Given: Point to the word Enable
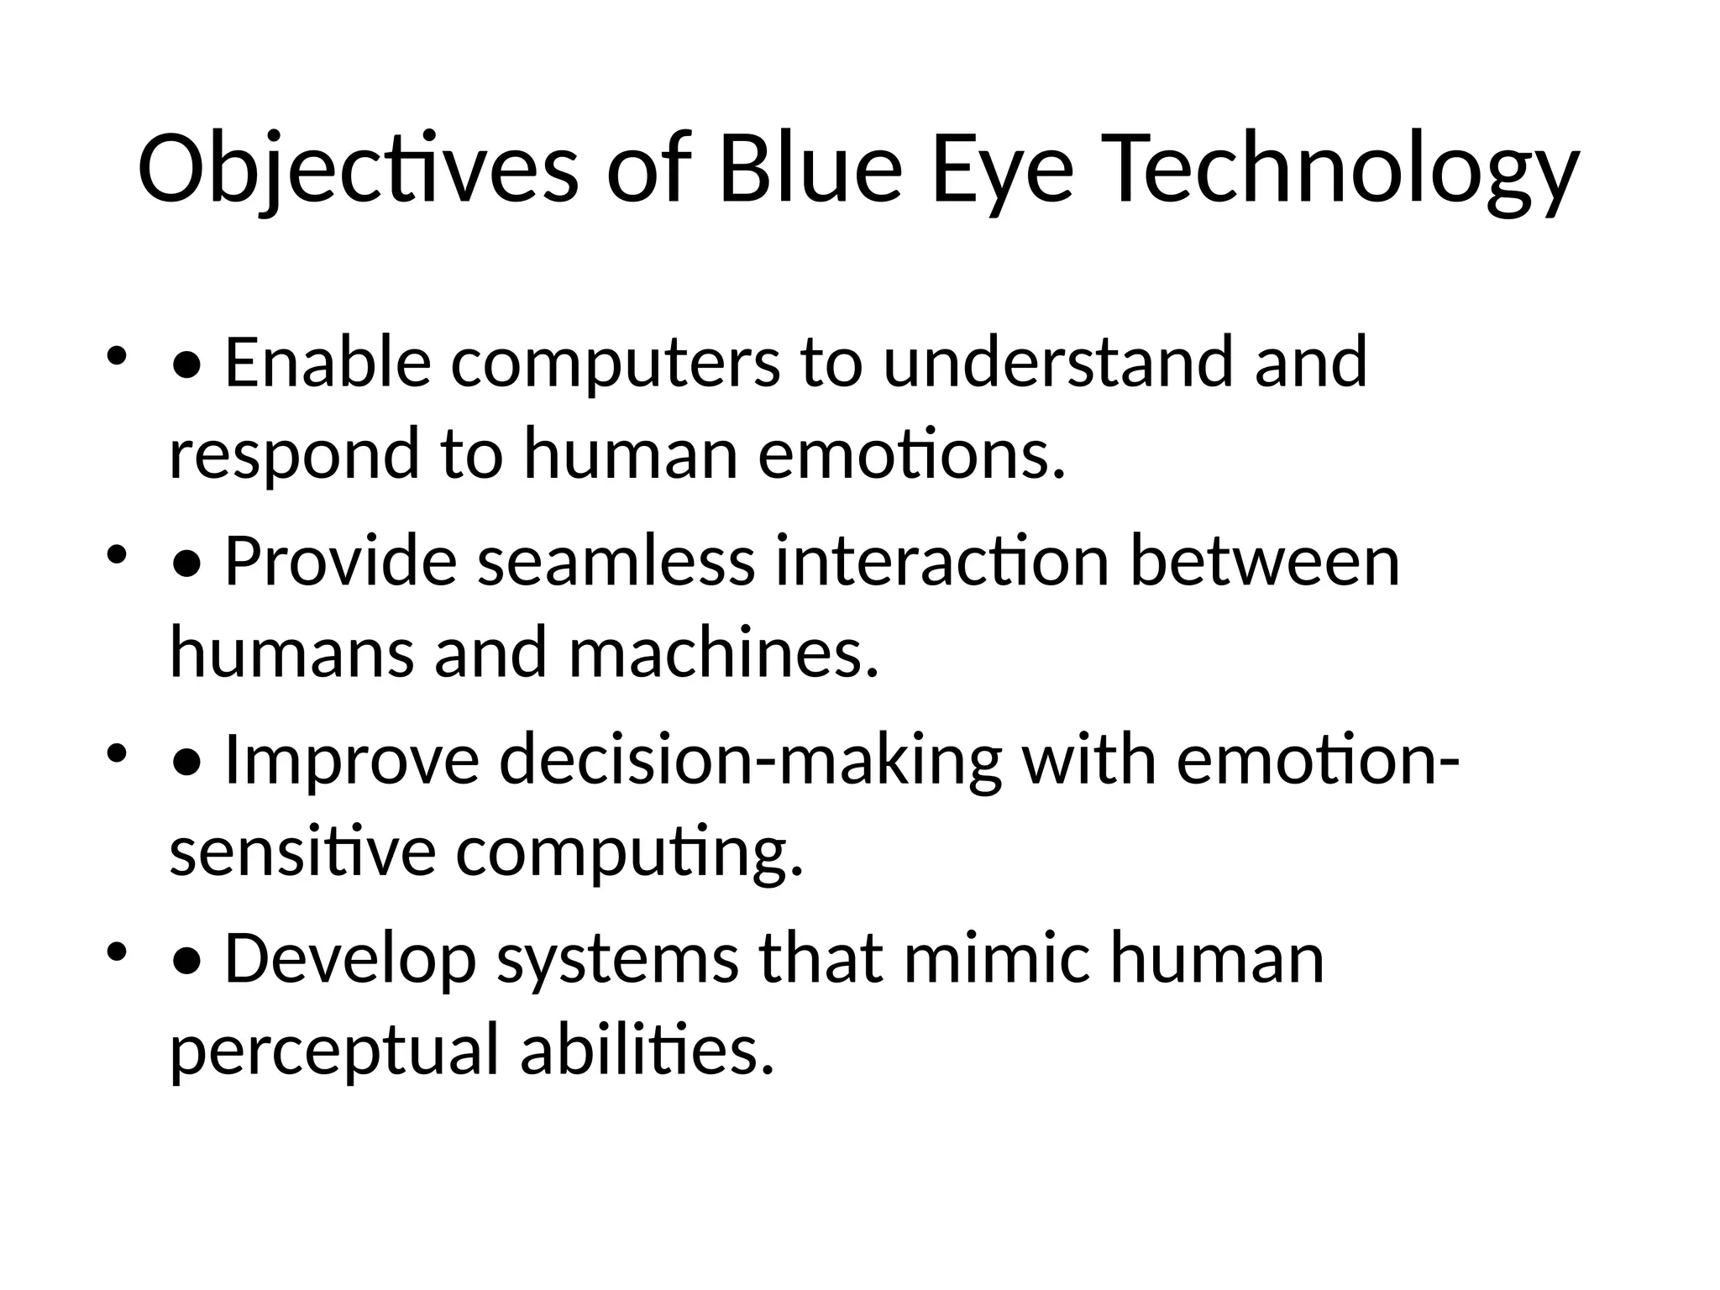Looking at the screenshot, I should [328, 362].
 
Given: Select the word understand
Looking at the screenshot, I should [1058, 362].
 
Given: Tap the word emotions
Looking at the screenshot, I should [911, 454].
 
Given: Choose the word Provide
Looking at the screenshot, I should [341, 561].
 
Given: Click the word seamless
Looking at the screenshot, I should [616, 561].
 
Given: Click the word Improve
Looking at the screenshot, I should [352, 760].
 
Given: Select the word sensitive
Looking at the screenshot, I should [302, 852].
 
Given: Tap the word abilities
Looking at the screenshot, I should [646, 1051].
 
